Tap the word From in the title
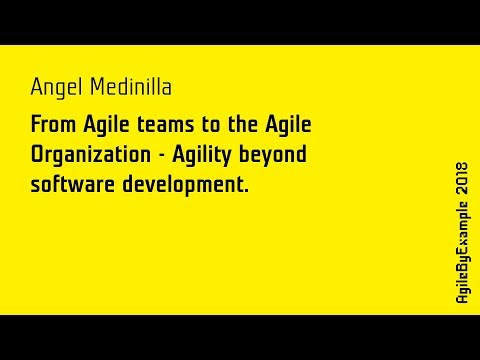click(54, 128)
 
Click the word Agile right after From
click(108, 128)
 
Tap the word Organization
click(93, 156)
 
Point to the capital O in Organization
click(38, 156)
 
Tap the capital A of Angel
click(37, 88)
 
